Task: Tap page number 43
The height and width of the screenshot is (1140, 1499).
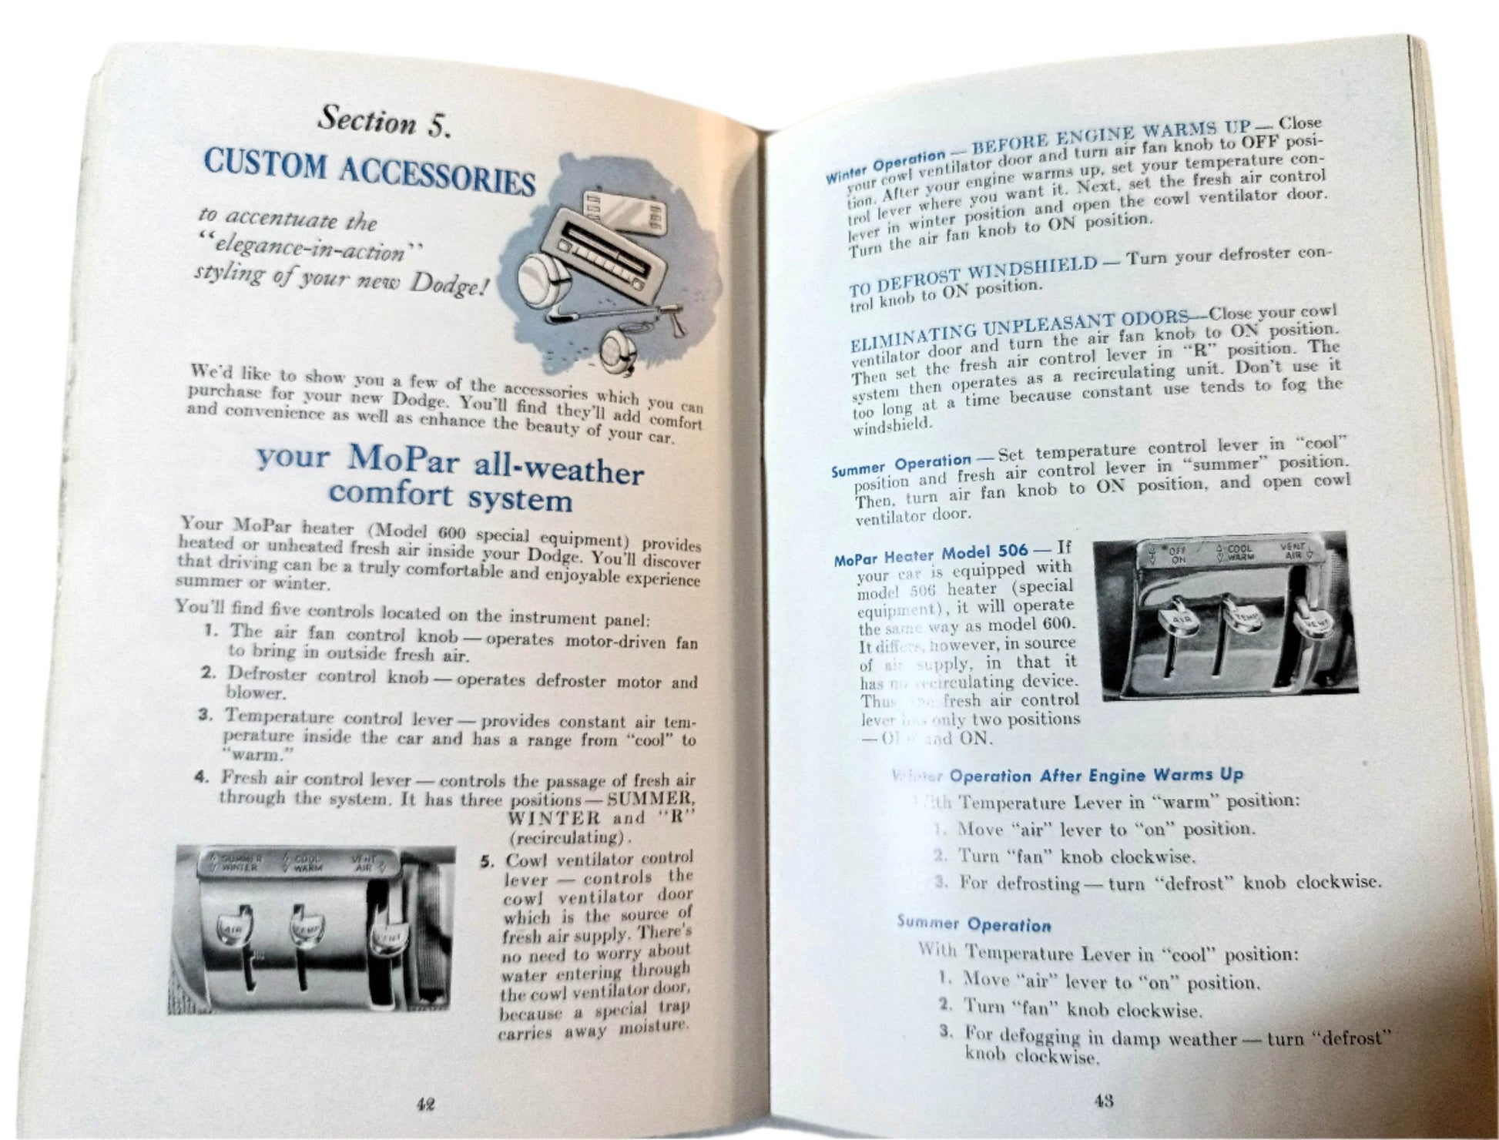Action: pos(1103,1101)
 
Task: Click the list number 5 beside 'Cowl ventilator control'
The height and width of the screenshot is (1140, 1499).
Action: pos(487,861)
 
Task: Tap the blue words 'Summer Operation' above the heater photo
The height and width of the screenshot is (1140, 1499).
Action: pos(900,465)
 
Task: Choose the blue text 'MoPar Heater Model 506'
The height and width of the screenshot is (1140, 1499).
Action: pos(930,554)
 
